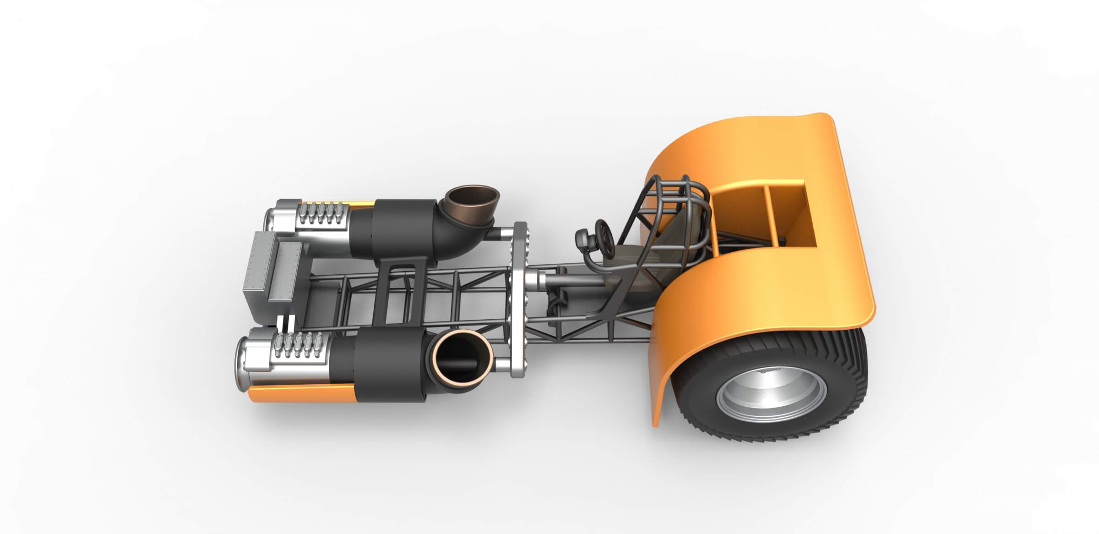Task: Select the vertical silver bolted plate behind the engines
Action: point(520,298)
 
